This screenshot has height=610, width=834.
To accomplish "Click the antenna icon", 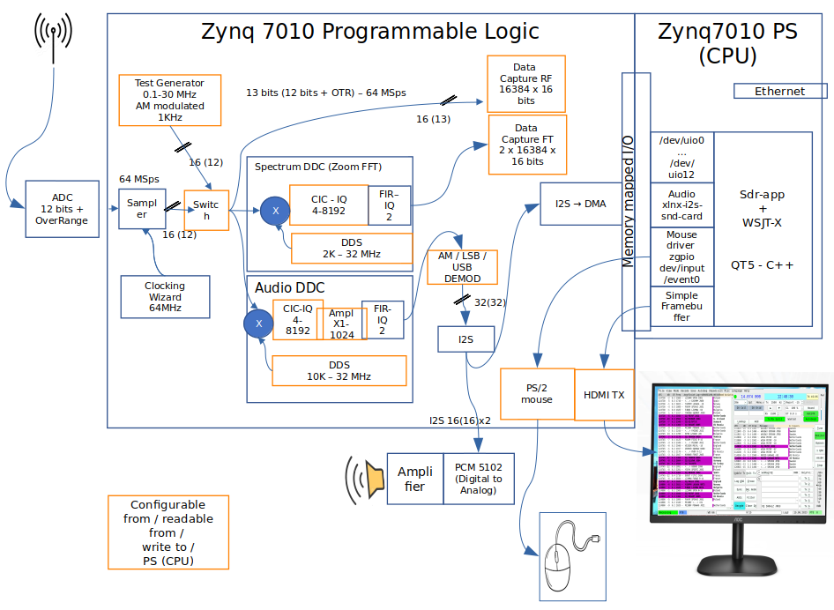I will [x=54, y=37].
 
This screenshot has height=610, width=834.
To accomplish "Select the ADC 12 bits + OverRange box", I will [x=62, y=209].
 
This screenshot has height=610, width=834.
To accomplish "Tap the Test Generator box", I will [x=168, y=100].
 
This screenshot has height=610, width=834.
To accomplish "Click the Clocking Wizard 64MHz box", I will [x=165, y=296].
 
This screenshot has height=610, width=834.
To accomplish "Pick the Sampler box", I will [x=142, y=208].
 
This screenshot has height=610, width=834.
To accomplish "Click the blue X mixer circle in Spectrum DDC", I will [x=274, y=211].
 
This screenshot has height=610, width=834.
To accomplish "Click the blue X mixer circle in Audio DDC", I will [x=258, y=324].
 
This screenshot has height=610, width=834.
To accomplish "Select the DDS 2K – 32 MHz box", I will [x=352, y=248].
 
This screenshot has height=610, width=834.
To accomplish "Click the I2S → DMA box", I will [x=580, y=204].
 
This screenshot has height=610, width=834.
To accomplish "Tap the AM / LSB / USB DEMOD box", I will [x=462, y=266].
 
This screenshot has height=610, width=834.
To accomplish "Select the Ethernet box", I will [x=780, y=91].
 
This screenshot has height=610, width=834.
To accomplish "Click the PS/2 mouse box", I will [x=536, y=393].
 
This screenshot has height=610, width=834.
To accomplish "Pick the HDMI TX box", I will [x=604, y=394].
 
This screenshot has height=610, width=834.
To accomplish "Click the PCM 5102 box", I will [x=478, y=479].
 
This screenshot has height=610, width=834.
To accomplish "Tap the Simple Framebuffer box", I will [x=681, y=306].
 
